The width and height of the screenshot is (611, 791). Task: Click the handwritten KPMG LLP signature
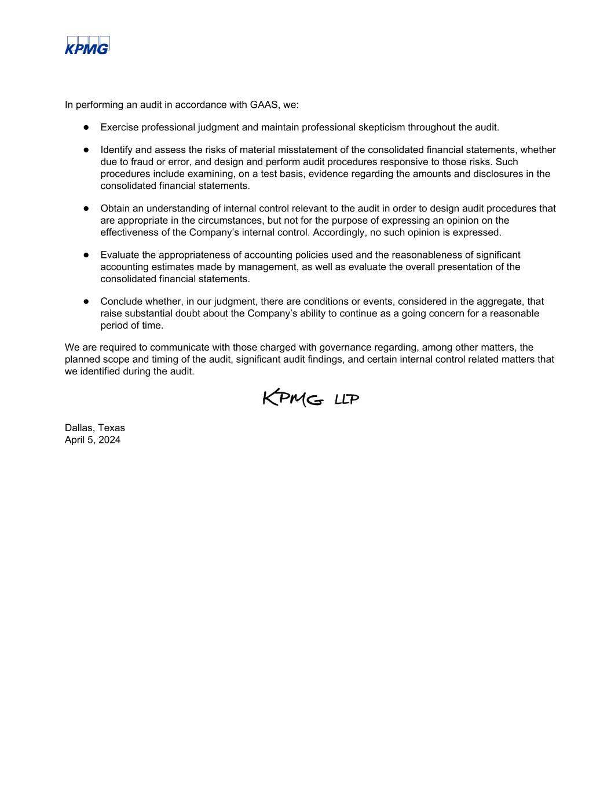click(x=311, y=398)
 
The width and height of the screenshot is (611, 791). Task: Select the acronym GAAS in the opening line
click(x=265, y=105)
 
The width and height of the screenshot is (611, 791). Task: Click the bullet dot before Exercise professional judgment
click(x=86, y=127)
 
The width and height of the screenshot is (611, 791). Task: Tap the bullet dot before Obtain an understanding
click(x=86, y=208)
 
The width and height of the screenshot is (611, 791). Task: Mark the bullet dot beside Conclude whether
click(x=86, y=301)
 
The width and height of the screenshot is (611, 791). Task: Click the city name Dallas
click(x=79, y=428)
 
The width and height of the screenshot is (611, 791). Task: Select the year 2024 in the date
click(x=109, y=440)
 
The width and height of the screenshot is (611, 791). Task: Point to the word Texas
click(x=111, y=428)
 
